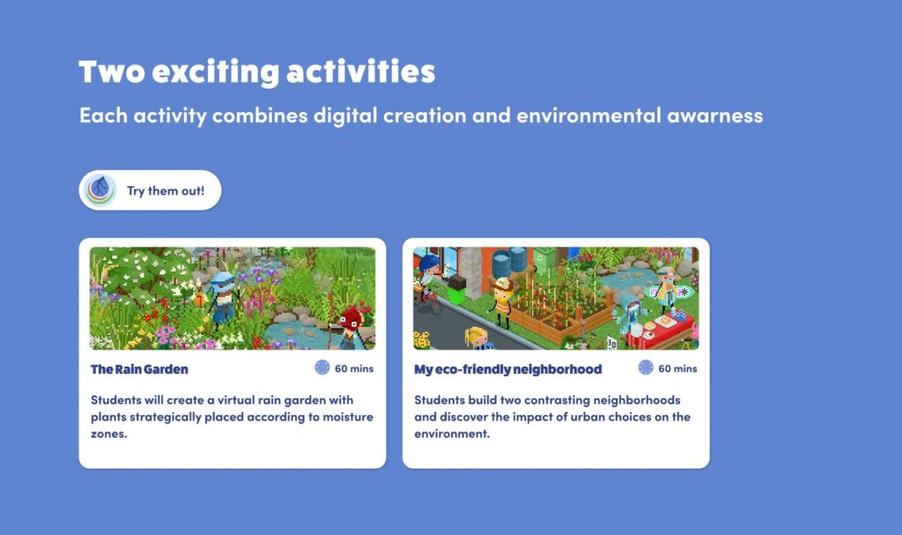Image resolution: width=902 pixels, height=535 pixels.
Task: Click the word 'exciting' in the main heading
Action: [x=215, y=72]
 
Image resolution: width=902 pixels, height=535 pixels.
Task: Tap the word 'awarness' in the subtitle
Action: [x=715, y=115]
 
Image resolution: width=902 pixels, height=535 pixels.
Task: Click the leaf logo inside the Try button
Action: [x=100, y=190]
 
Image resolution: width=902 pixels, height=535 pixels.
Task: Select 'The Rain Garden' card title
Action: [x=139, y=369]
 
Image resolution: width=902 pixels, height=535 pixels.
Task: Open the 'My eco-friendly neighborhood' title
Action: [x=508, y=369]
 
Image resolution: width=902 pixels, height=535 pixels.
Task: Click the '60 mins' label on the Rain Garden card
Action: [x=354, y=368]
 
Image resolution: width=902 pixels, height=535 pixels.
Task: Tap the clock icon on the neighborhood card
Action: [x=646, y=368]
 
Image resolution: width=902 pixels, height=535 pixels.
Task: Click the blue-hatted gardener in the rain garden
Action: [x=223, y=297]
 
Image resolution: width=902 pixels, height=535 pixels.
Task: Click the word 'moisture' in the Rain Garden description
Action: [x=347, y=417]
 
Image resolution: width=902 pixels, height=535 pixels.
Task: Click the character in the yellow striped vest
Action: [x=501, y=301]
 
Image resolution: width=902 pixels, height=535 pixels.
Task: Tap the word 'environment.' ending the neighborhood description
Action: [x=452, y=434]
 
